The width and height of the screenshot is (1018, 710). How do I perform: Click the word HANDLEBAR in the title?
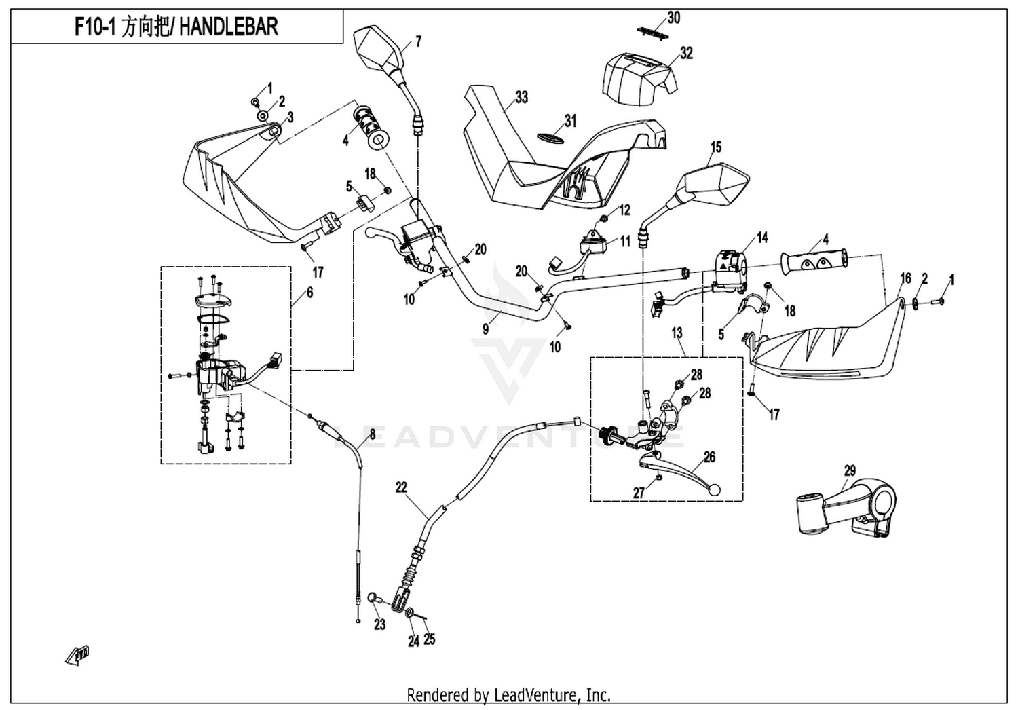pyautogui.click(x=229, y=26)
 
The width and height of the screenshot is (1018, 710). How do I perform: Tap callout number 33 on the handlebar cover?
pyautogui.click(x=521, y=97)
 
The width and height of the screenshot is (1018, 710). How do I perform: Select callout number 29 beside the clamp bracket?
pyautogui.click(x=850, y=470)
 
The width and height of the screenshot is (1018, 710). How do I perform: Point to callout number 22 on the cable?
pyautogui.click(x=401, y=488)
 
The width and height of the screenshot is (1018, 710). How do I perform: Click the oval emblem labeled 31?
pyautogui.click(x=551, y=137)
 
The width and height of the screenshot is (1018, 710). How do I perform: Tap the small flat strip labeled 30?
pyautogui.click(x=654, y=33)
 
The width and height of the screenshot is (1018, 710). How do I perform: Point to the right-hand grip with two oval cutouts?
pyautogui.click(x=814, y=263)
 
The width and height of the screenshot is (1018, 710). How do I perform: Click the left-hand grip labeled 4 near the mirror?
pyautogui.click(x=372, y=128)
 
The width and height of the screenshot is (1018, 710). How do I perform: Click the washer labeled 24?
pyautogui.click(x=409, y=613)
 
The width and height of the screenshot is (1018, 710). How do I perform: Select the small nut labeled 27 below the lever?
pyautogui.click(x=660, y=478)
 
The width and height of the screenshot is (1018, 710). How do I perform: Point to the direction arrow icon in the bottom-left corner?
pyautogui.click(x=78, y=656)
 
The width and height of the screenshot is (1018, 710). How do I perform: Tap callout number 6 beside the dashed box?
pyautogui.click(x=309, y=293)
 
